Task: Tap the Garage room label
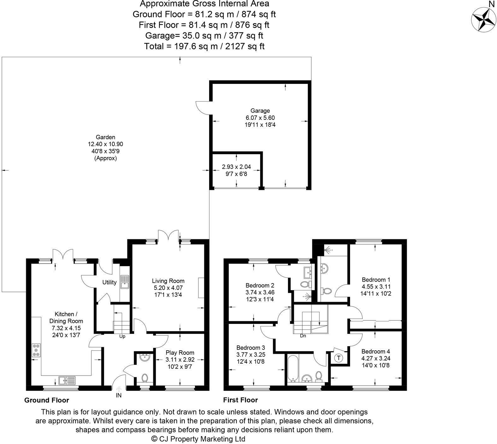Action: pos(260,111)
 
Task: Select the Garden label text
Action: pos(105,137)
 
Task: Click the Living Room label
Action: pos(168,281)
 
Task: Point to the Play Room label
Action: pos(180,353)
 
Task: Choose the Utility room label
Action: pos(109,283)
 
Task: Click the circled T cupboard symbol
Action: pos(339,358)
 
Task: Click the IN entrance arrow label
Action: pos(119,395)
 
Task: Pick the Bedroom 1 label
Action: pos(376,280)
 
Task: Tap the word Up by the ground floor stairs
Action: pos(122,336)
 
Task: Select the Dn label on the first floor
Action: pos(303,336)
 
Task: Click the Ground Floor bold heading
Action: pos(47,400)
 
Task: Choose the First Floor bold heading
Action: pos(240,400)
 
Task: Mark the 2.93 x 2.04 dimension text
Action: pos(236,167)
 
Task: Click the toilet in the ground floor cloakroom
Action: pos(145,377)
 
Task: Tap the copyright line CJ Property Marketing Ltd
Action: pos(198,439)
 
